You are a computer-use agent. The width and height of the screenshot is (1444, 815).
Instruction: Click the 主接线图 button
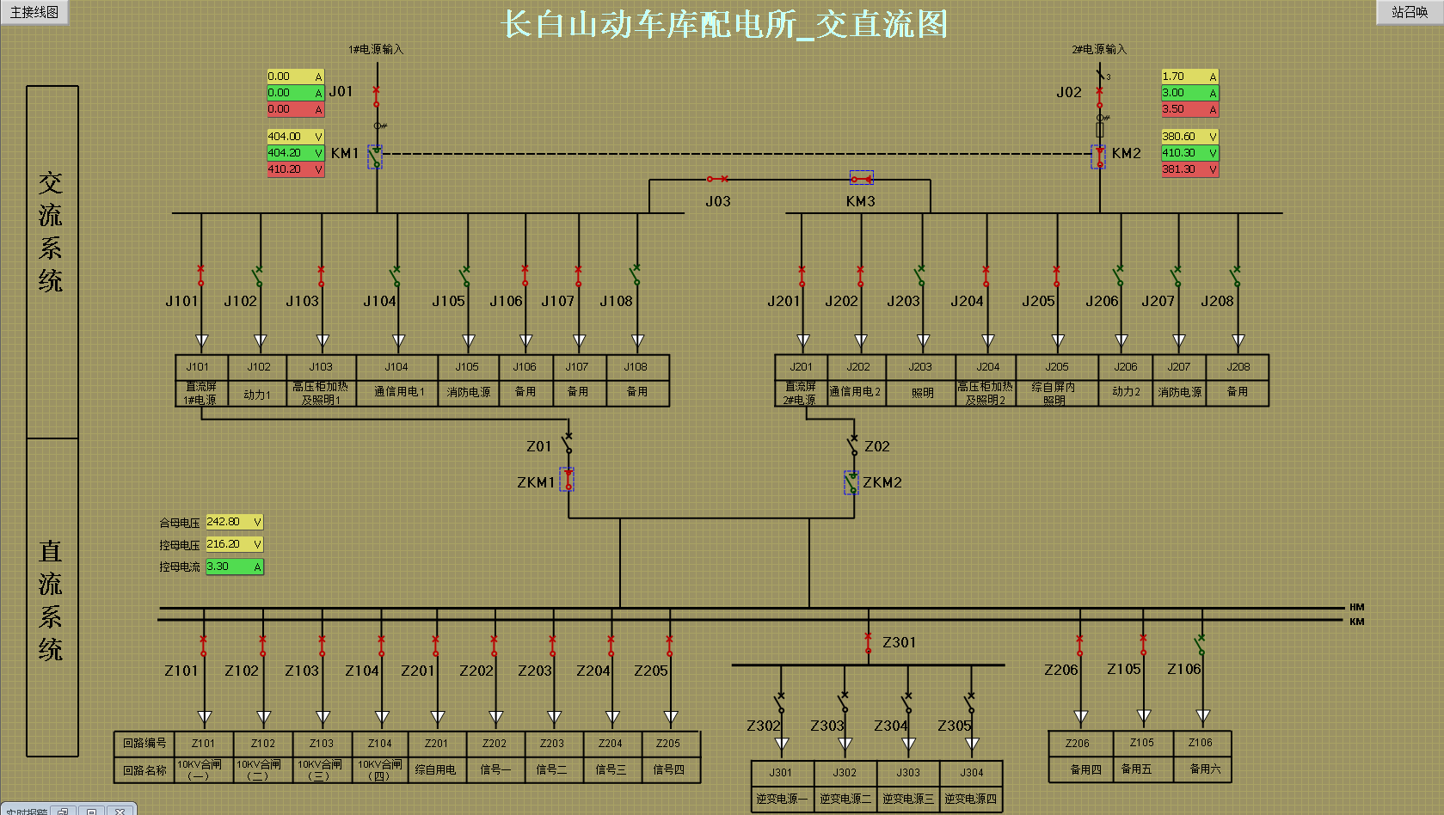coord(34,12)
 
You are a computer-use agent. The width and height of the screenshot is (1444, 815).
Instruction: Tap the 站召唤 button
coord(1410,12)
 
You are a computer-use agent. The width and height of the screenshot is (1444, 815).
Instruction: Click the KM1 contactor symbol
coord(375,156)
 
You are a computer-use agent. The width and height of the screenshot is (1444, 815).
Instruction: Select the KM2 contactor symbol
coord(1099,156)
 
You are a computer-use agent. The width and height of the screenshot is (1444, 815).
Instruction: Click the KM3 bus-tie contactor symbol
coord(862,178)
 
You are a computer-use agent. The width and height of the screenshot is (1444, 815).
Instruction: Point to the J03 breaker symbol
coord(717,179)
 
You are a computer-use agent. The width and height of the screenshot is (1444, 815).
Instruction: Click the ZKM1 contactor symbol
coord(568,480)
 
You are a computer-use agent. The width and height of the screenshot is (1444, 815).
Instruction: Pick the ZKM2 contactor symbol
coord(851,482)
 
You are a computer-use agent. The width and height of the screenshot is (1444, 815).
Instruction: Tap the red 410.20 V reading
coord(295,169)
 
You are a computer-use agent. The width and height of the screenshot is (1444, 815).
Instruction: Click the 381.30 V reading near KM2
coord(1189,169)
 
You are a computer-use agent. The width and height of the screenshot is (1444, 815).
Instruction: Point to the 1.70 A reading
coord(1189,77)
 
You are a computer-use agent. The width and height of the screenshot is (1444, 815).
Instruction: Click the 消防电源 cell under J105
coord(468,392)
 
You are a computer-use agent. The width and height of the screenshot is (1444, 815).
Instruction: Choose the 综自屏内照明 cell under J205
coord(1055,393)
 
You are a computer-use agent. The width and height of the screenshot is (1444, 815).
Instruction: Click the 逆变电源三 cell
coord(908,799)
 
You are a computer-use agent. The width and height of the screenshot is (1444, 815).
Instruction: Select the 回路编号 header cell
coord(144,743)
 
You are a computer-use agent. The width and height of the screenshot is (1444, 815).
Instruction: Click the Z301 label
coord(899,642)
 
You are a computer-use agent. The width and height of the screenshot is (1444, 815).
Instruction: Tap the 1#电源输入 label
coord(376,49)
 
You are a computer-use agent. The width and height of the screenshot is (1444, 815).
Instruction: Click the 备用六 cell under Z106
coord(1204,769)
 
